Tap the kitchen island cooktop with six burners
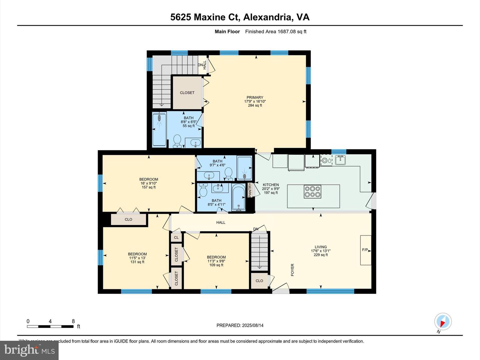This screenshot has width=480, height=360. point(312,192)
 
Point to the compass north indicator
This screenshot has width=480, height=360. point(443,322)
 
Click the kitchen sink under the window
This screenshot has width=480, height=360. point(340,160)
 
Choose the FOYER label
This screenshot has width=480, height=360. point(292,270)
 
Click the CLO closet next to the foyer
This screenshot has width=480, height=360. point(259,281)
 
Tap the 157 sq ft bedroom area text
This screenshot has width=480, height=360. point(149,187)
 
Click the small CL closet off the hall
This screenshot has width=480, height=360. point(176,237)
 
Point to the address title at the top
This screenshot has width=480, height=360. point(240,17)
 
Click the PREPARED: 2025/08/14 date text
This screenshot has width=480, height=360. point(240,325)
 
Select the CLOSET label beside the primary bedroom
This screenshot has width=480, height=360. point(187,93)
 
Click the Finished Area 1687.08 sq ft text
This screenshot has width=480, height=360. point(276,32)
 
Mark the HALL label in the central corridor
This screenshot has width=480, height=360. point(221,222)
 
